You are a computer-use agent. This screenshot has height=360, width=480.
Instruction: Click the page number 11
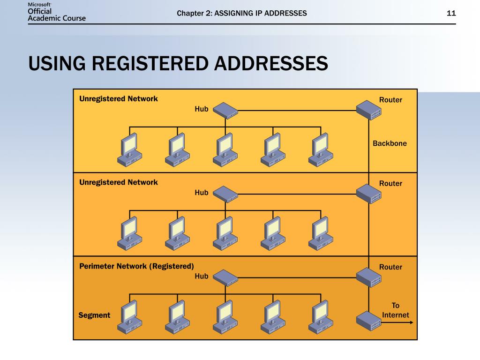pyautogui.click(x=451, y=13)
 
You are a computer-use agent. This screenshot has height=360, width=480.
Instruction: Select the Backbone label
pyautogui.click(x=390, y=143)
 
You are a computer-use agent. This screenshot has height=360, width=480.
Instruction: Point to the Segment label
pyautogui.click(x=94, y=315)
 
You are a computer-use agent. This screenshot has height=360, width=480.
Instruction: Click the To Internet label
pyautogui.click(x=396, y=310)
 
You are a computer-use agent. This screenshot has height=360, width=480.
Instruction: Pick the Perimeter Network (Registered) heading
pyautogui.click(x=136, y=266)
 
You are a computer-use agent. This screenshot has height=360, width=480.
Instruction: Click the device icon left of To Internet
pyautogui.click(x=369, y=321)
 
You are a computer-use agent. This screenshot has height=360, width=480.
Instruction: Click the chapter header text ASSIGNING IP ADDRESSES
pyautogui.click(x=260, y=13)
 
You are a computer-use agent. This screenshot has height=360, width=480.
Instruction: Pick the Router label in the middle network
pyautogui.click(x=390, y=183)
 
